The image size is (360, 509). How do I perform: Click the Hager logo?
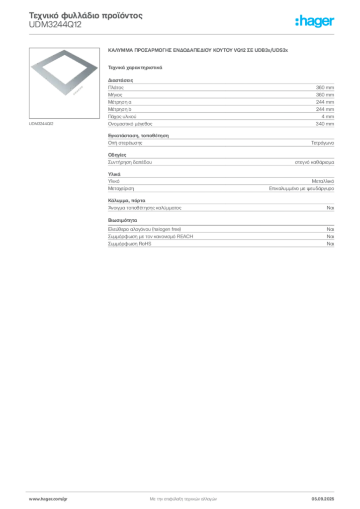click(315, 21)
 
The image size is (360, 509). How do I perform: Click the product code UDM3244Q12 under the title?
click(55, 25)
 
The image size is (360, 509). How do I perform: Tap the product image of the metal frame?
click(64, 83)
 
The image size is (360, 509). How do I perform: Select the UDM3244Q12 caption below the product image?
click(41, 124)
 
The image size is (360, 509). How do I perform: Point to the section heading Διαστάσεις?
click(120, 80)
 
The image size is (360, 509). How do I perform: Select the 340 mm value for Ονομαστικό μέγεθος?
click(325, 124)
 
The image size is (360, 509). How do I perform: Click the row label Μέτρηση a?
click(120, 102)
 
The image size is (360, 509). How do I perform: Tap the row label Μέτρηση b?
click(120, 109)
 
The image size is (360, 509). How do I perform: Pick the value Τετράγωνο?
click(322, 143)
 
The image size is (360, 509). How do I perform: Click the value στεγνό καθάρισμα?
click(314, 162)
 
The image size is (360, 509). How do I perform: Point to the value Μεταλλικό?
click(323, 181)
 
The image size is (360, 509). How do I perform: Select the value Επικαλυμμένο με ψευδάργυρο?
click(301, 188)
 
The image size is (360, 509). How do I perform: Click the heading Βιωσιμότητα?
click(122, 220)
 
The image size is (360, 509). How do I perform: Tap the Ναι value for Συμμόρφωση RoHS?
click(330, 244)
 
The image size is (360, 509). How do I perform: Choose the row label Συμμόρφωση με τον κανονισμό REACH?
click(151, 237)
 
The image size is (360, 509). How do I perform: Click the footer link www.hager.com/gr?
click(48, 499)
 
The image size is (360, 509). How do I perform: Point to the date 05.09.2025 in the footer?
click(323, 499)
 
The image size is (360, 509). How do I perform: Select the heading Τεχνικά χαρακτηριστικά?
click(135, 68)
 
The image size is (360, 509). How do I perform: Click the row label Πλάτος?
click(116, 87)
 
